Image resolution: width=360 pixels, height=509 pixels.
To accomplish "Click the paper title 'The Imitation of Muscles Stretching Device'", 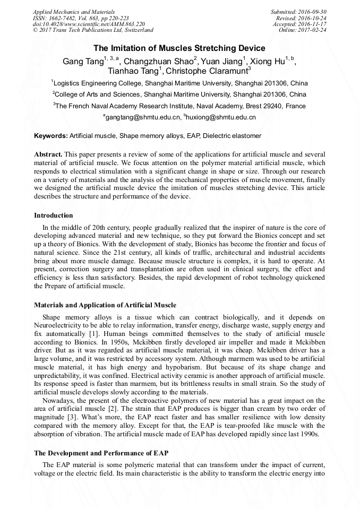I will pos(179,48).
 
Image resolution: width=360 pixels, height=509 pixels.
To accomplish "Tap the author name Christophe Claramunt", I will pos(208,72).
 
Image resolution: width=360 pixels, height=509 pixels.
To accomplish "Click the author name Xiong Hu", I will pos(269,61).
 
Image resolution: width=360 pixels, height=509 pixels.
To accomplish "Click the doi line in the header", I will pos(88,24).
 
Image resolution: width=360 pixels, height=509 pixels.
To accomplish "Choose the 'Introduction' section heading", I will pos(53,215).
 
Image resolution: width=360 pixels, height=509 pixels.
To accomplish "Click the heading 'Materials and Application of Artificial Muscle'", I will pos(105,305).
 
